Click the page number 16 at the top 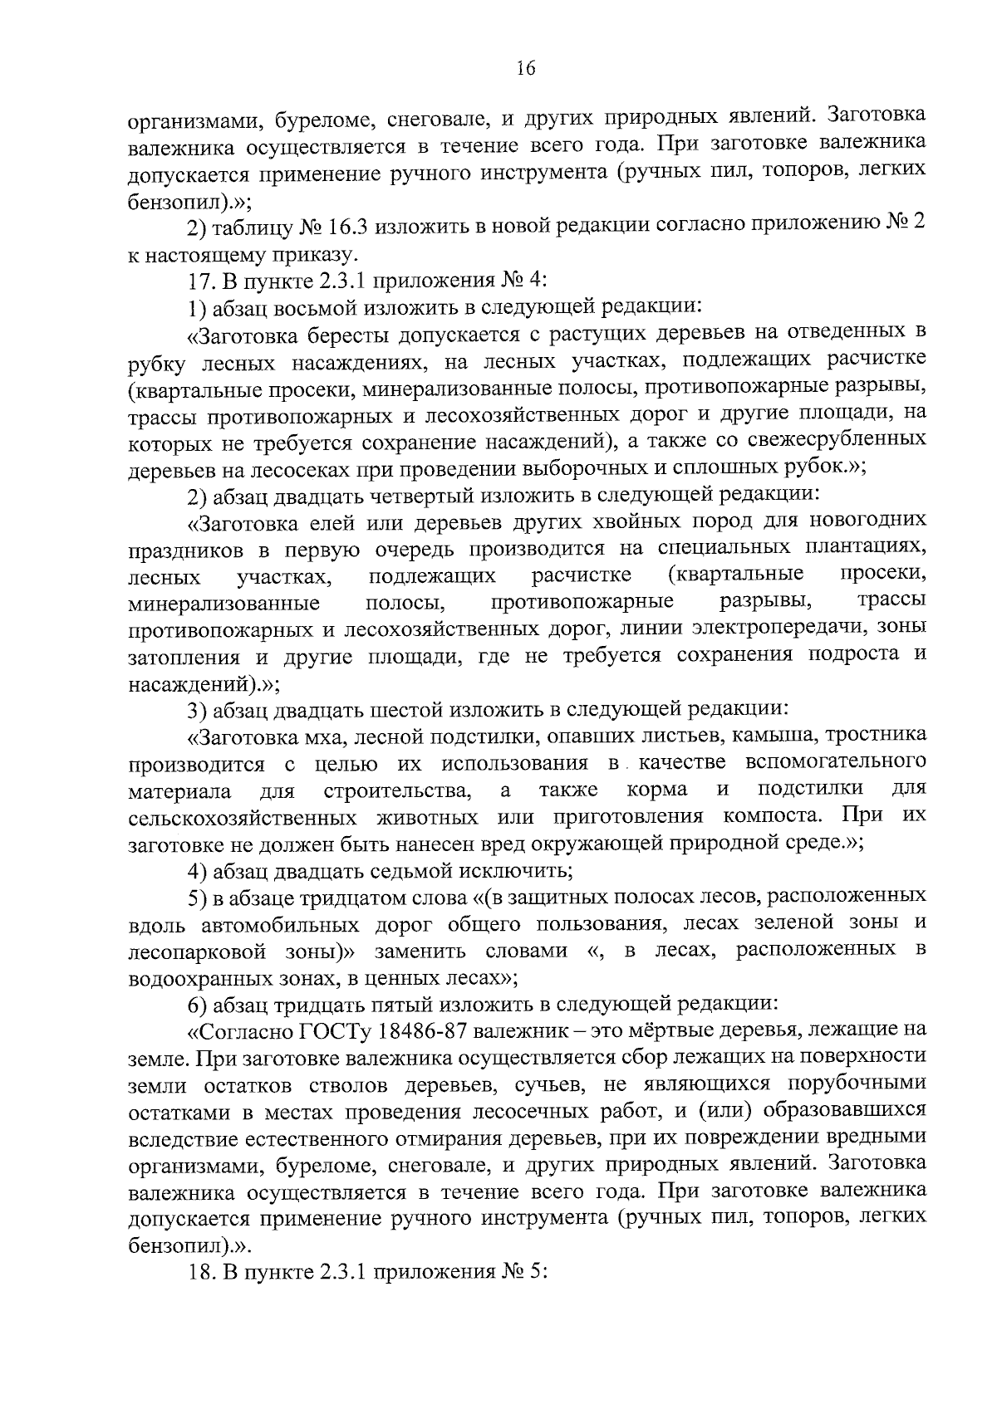[525, 69]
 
